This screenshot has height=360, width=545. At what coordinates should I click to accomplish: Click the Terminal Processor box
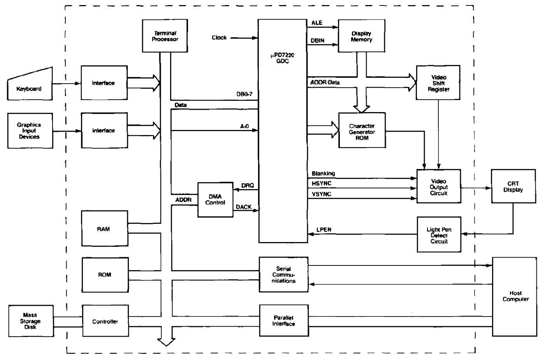[x=165, y=36]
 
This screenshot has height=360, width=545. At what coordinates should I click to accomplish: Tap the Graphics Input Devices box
[x=30, y=131]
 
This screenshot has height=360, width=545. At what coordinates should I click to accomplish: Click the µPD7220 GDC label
[x=283, y=58]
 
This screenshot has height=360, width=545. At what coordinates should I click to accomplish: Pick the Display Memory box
[x=361, y=36]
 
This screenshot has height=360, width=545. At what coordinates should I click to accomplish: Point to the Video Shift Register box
[x=438, y=83]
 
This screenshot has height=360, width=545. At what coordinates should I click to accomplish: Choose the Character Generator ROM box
[x=362, y=132]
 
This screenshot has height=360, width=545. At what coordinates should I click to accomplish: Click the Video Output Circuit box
[x=438, y=187]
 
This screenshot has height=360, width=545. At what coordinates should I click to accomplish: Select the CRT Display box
[x=513, y=186]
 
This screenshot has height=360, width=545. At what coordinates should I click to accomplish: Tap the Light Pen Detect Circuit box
[x=439, y=235]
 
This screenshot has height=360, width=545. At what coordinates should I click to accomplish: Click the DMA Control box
[x=215, y=200]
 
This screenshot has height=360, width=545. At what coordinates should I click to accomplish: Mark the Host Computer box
[x=515, y=296]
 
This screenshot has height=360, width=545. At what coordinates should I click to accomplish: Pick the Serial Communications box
[x=283, y=274]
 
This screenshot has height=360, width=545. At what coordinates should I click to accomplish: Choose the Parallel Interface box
[x=283, y=321]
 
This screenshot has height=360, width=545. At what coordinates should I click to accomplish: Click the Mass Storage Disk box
[x=31, y=321]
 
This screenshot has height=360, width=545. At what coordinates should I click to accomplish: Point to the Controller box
[x=105, y=321]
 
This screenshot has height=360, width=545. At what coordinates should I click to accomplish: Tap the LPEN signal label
[x=324, y=230]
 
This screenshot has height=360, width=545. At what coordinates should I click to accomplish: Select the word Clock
[x=219, y=38]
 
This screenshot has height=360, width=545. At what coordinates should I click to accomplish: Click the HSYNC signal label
[x=322, y=183]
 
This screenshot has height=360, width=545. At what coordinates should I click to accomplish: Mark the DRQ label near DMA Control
[x=247, y=186]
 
